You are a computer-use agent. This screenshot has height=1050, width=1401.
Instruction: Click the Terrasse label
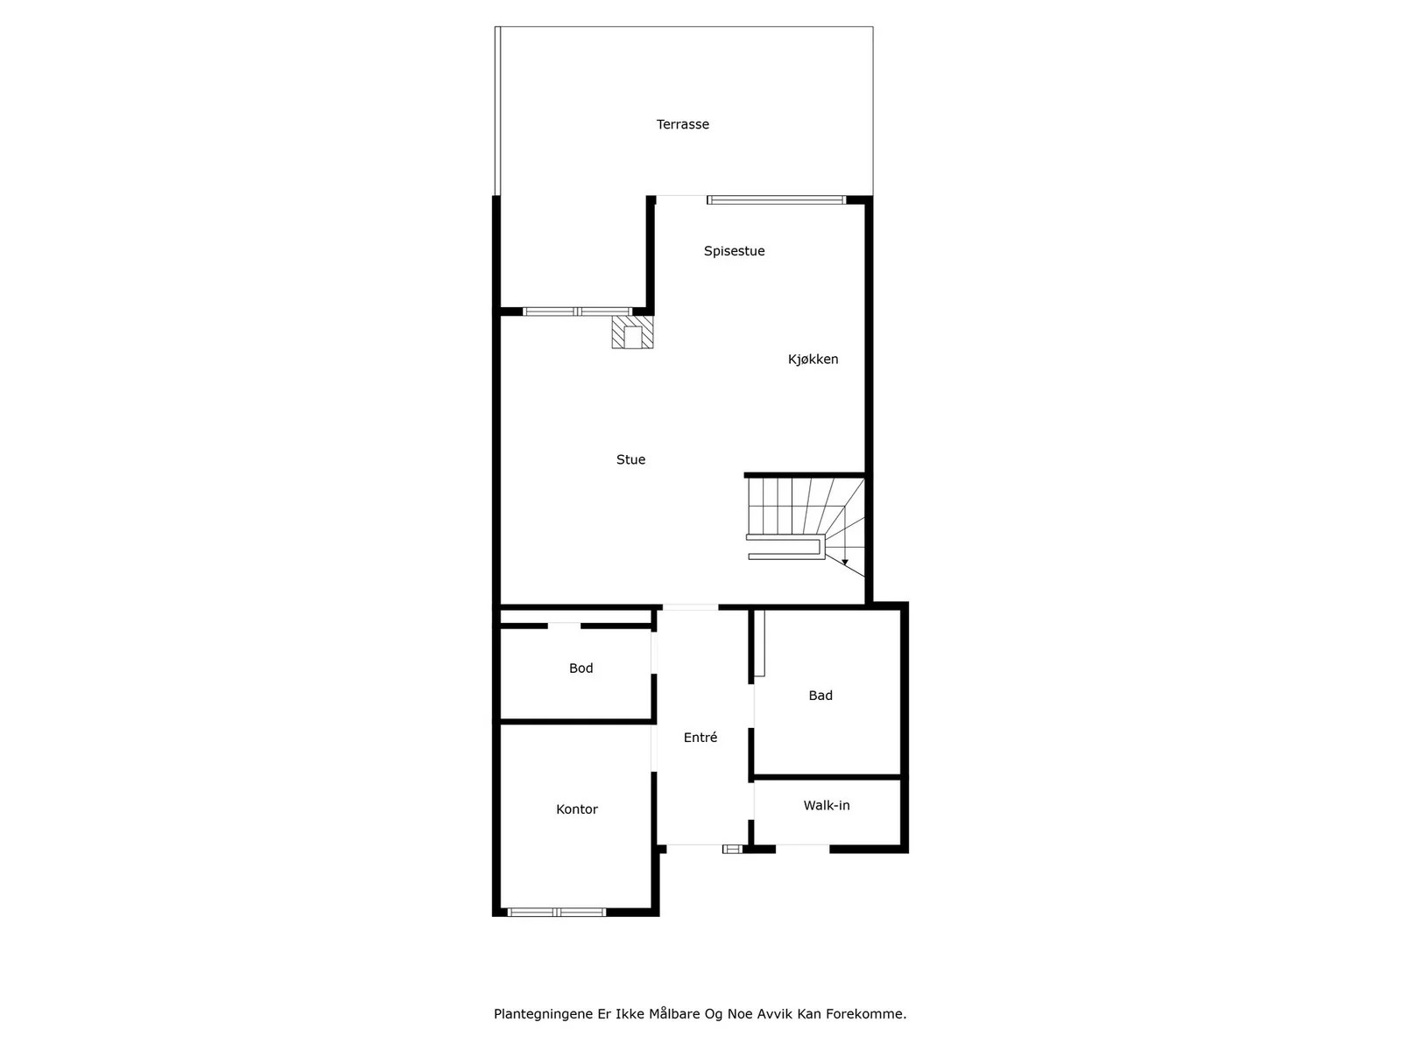click(682, 124)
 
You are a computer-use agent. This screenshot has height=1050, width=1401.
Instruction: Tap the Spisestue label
click(734, 251)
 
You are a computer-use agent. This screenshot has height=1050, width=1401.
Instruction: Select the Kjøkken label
click(813, 360)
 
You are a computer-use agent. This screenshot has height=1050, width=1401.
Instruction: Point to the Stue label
click(630, 459)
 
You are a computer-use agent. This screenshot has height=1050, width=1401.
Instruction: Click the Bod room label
click(581, 668)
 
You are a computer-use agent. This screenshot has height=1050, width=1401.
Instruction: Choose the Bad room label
click(820, 696)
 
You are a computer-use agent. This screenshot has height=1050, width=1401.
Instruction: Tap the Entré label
click(700, 738)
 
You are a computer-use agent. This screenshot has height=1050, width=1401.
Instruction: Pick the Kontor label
click(576, 809)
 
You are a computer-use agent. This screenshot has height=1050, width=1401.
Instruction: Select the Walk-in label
click(827, 806)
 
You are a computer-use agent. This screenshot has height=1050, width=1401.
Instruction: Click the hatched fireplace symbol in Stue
click(632, 332)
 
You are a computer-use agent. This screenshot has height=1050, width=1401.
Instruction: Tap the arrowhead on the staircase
click(844, 563)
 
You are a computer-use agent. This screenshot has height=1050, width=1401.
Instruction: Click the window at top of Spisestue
click(776, 200)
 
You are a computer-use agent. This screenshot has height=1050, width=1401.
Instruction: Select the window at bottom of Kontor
click(557, 913)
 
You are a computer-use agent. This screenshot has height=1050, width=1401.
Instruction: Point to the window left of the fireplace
click(578, 311)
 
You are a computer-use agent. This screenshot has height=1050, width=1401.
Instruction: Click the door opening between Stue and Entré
click(690, 607)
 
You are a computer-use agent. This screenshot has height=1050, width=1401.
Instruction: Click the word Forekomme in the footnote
click(866, 1014)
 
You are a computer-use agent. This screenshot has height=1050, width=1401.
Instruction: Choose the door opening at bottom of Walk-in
click(802, 849)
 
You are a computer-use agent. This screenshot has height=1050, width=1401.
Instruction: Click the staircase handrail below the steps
click(785, 549)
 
